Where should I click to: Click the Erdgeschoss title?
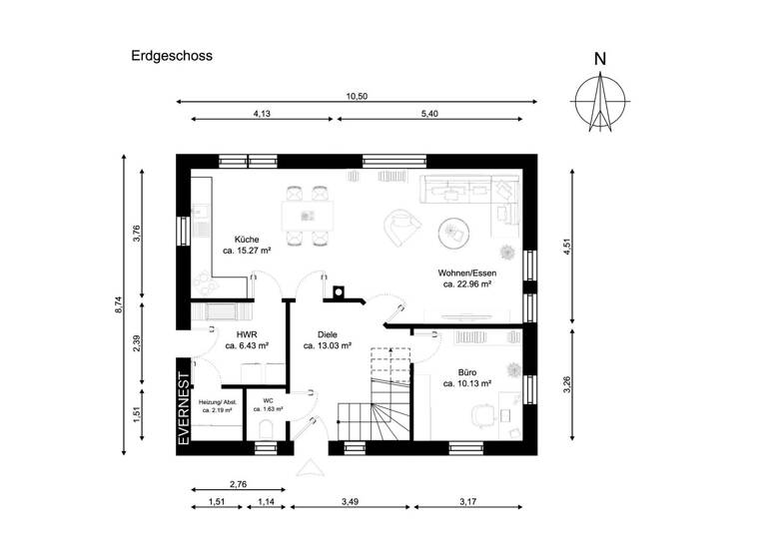171,57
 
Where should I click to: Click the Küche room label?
247,240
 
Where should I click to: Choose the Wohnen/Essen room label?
466,273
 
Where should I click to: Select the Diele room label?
328,335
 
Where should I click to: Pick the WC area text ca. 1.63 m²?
268,409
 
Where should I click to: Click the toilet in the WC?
266,430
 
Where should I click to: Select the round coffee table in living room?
455,233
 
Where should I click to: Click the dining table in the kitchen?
307,215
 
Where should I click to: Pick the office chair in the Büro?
484,411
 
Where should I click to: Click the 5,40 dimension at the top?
437,115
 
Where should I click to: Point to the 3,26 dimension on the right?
567,384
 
